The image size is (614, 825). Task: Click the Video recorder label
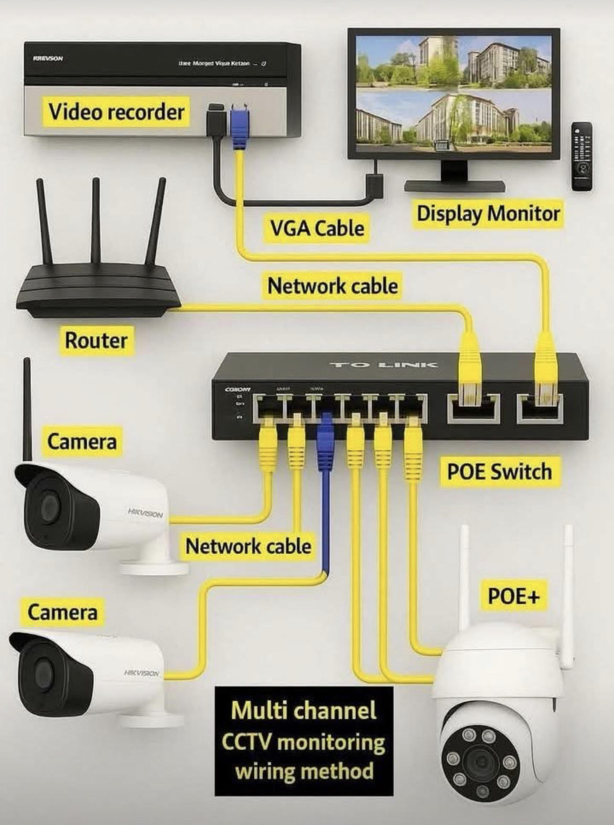tap(116, 112)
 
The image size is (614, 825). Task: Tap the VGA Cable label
tap(317, 228)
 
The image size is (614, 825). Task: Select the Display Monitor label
tap(488, 214)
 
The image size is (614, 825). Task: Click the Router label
tap(96, 340)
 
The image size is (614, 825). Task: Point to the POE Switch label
tap(499, 471)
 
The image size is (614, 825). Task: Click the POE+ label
tap(513, 596)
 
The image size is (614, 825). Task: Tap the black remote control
tap(581, 156)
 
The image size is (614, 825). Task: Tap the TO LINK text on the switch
tap(383, 364)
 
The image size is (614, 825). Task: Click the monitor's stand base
tap(454, 186)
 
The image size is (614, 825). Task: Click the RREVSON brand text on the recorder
tap(48, 58)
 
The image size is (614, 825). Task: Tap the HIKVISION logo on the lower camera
tap(141, 672)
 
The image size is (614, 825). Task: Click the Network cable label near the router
tap(332, 286)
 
